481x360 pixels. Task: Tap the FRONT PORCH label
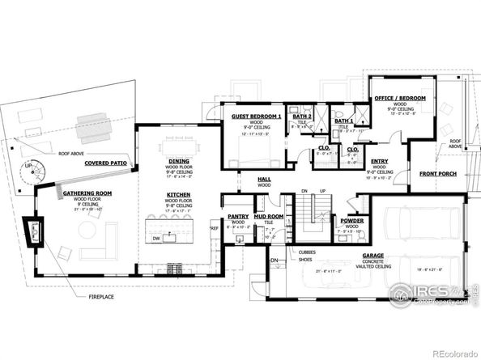pyautogui.click(x=438, y=175)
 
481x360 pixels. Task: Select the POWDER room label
pyautogui.click(x=351, y=220)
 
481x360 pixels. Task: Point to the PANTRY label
pyautogui.click(x=238, y=217)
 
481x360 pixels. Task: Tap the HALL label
pyautogui.click(x=263, y=179)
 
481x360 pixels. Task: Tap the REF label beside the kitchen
pyautogui.click(x=215, y=229)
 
